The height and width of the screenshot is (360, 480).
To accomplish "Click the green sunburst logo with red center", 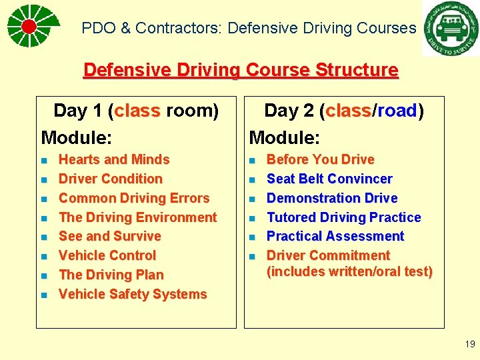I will (x=29, y=26).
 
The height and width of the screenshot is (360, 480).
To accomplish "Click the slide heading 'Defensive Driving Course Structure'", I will (x=240, y=70).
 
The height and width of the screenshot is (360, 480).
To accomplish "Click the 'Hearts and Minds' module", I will (x=114, y=159).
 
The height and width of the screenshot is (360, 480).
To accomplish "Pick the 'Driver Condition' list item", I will (x=111, y=179).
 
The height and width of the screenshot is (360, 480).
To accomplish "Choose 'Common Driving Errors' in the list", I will (x=134, y=198).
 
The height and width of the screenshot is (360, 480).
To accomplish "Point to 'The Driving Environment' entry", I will (x=138, y=217).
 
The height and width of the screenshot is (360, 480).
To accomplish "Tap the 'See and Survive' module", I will (x=110, y=236).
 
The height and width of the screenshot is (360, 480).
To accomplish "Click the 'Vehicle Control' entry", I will (x=107, y=255).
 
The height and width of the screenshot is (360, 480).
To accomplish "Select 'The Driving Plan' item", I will (x=111, y=275).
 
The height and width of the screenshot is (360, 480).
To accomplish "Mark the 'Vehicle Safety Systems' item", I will (x=133, y=294).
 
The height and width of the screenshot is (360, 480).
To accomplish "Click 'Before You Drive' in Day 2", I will (x=321, y=159).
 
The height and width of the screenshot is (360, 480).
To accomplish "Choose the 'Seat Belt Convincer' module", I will (x=329, y=179).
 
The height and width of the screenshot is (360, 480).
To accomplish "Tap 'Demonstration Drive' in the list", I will (x=332, y=198).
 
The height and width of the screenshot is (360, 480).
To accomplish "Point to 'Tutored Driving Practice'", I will (x=344, y=217).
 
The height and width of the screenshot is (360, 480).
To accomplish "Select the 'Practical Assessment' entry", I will (x=335, y=236).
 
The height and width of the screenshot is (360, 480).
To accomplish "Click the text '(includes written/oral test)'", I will (x=349, y=271).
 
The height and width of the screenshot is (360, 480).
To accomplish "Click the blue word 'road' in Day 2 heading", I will (x=397, y=111).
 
